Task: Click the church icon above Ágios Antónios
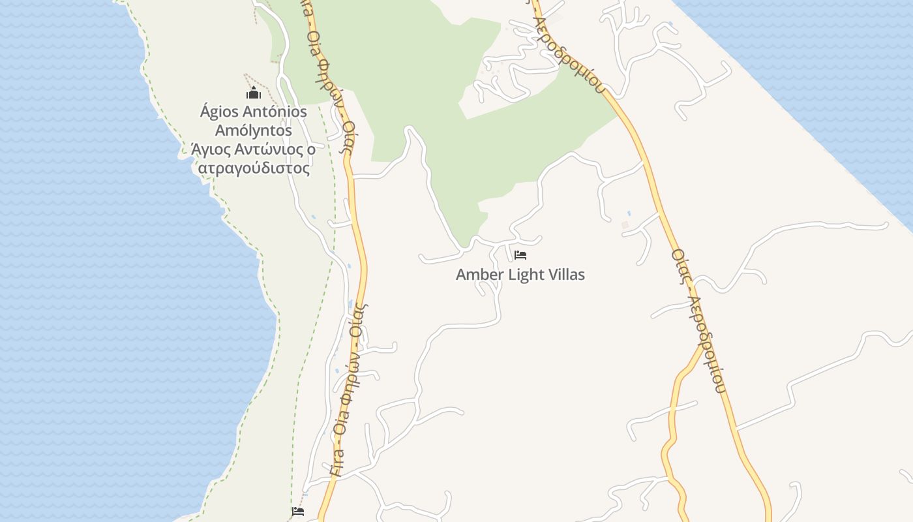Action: (x=254, y=93)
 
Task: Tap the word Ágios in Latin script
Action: (x=220, y=112)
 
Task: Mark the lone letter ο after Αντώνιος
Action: (x=311, y=150)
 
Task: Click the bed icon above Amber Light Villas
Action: (x=520, y=254)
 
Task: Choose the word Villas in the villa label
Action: (x=565, y=275)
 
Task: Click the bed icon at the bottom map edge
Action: (x=298, y=512)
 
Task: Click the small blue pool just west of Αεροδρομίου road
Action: (x=629, y=213)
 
